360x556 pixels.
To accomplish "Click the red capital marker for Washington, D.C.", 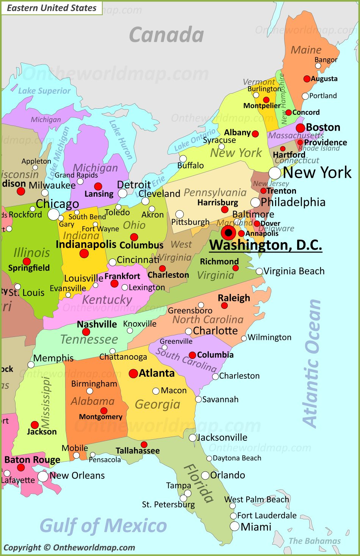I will (x=229, y=233).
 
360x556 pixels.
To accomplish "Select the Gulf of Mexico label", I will (x=103, y=526).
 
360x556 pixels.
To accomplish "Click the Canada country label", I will (x=166, y=35).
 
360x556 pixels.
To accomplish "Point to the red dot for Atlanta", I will (x=133, y=374).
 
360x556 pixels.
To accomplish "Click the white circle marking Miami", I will (x=235, y=526).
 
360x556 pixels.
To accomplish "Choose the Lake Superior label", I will (x=44, y=91).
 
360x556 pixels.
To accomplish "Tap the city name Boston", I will (x=323, y=127).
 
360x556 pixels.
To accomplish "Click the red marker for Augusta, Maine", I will (x=307, y=79).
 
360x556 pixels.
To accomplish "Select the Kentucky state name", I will (x=107, y=300).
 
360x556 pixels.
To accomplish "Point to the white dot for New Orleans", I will (x=43, y=476).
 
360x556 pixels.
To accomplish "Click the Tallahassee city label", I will (x=138, y=451).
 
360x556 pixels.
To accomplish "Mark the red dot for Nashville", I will (x=86, y=332).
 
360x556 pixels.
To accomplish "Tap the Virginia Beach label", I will (x=294, y=271).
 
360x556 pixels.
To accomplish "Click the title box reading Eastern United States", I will (x=52, y=8).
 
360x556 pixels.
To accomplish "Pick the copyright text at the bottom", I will (x=69, y=547).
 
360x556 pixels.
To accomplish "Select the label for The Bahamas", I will (x=315, y=541).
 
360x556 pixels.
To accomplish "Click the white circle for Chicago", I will (x=53, y=214).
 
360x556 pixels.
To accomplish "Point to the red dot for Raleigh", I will (x=224, y=305).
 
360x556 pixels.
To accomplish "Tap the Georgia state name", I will (x=158, y=404).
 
